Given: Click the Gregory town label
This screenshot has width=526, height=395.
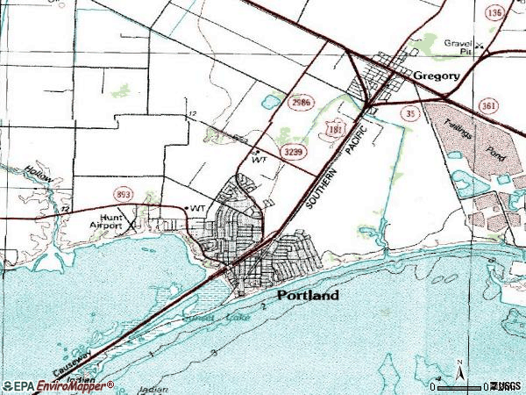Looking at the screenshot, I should pos(437,76).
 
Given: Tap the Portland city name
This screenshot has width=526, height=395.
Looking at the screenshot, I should pos(308,296).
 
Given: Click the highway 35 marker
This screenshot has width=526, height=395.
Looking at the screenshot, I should pos(409,112).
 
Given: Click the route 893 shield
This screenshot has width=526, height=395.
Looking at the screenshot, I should pos(121,193).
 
